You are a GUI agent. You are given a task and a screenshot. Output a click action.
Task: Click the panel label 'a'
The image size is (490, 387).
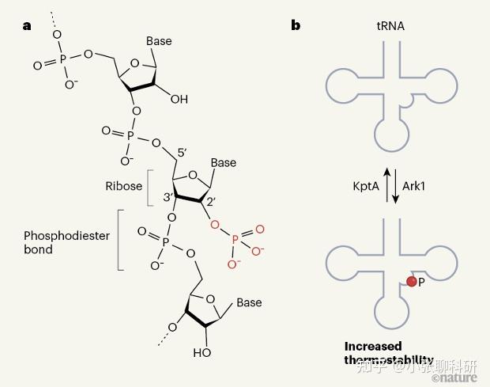[27, 25]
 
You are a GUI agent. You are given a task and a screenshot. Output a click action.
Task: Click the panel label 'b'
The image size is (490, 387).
[296, 25]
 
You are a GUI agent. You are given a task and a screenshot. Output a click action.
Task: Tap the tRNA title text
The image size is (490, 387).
[390, 26]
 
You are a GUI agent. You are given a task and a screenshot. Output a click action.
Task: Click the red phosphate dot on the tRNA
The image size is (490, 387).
[411, 281]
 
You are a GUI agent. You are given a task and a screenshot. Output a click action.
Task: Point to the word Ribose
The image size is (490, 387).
[124, 187]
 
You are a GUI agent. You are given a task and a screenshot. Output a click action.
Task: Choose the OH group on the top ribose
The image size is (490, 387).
[179, 100]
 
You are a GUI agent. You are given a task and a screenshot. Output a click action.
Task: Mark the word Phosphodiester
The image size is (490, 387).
[66, 236]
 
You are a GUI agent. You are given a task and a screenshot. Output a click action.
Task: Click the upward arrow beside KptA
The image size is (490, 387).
[386, 185]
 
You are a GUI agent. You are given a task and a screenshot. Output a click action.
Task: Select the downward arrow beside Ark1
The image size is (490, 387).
[396, 187]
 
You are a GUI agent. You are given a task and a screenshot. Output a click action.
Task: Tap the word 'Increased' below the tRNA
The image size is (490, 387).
[373, 346]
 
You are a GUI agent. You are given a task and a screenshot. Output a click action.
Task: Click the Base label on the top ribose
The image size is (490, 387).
[159, 41]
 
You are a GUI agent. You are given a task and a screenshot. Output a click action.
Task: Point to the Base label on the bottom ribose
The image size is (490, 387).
[249, 302]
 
